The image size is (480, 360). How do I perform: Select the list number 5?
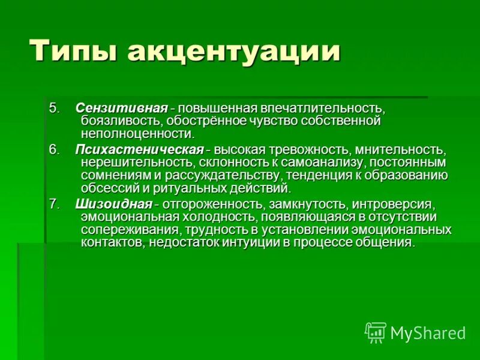[55, 109]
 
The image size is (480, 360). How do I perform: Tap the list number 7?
[55, 203]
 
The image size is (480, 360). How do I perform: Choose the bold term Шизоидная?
[113, 203]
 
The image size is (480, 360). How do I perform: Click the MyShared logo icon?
[376, 332]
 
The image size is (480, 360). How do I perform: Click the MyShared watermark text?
[428, 333]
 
